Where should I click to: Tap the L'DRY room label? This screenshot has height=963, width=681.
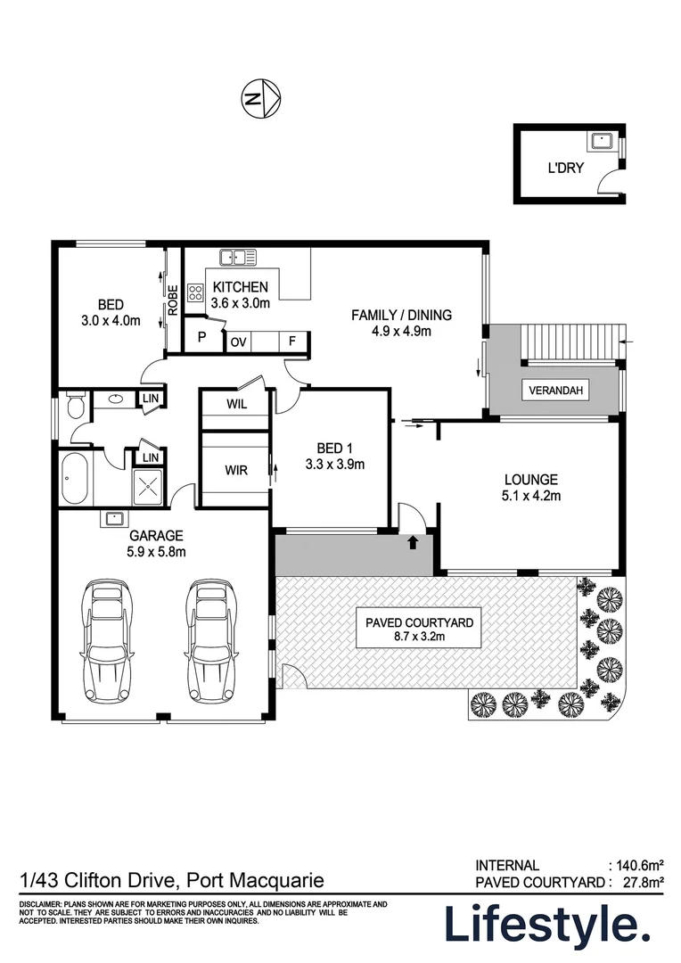pos(565,167)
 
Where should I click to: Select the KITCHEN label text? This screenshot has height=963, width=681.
pos(240,287)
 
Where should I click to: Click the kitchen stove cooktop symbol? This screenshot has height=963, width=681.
pos(197,295)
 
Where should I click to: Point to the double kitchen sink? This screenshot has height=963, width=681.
pos(238,258)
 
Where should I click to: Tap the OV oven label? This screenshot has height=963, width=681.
pos(238,342)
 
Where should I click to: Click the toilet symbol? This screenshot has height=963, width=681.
pos(75,407)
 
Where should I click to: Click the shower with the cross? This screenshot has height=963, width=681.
pos(147,486)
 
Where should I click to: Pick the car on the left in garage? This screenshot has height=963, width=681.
pos(108,639)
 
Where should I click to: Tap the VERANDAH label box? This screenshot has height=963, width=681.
pos(558,391)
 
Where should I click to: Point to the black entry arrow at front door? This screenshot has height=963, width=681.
pos(413,540)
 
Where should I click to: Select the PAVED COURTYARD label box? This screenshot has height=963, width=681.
pos(419,630)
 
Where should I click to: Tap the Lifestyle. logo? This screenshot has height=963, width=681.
pos(546,926)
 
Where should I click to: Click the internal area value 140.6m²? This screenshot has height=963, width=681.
pos(639,865)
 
